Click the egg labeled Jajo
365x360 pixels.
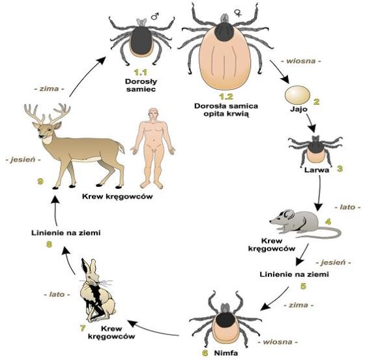coord(297,95)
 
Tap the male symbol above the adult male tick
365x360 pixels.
coord(155,16)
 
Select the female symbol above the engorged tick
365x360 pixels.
coord(238,13)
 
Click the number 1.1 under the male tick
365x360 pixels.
coord(140,72)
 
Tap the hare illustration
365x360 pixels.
coord(97,290)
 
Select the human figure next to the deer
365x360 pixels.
coord(153,148)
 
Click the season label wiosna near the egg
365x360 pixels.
coord(301,61)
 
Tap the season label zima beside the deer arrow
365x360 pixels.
coord(49,89)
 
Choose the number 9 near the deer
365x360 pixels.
coord(40,181)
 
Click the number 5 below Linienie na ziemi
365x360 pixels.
coord(303,286)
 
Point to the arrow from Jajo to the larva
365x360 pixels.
coord(311,123)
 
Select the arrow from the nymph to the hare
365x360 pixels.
coord(153,328)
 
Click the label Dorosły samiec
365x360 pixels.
coord(141,85)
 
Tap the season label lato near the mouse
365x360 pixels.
coord(347,207)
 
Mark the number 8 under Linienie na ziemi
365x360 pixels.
coord(49,244)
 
